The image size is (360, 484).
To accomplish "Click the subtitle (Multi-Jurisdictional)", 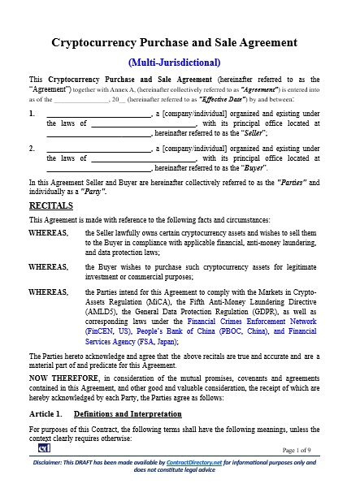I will pos(180,62).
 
